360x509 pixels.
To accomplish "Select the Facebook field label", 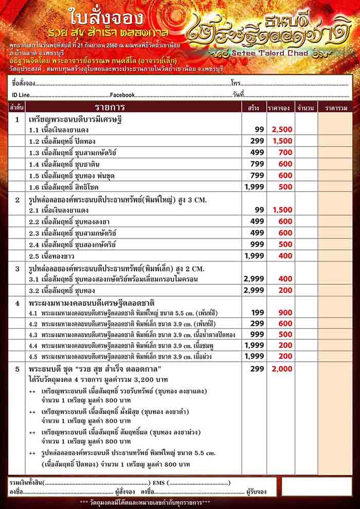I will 122,95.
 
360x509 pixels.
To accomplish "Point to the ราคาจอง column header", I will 279,108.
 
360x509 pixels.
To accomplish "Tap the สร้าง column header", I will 253,108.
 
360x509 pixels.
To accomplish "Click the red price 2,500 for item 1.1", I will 282,130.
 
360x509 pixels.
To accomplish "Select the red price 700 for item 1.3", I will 285,152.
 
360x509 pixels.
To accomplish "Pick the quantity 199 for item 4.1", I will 257,312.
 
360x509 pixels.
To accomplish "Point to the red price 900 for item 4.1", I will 285,312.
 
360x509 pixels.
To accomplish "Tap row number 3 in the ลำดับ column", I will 17,268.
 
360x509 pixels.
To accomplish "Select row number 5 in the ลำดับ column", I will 17,369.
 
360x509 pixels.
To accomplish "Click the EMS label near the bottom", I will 158,483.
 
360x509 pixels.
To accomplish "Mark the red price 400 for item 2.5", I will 285,256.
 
